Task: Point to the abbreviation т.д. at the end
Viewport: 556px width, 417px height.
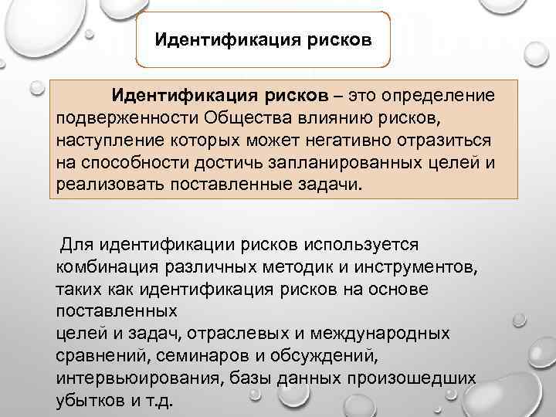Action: [164, 402]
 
